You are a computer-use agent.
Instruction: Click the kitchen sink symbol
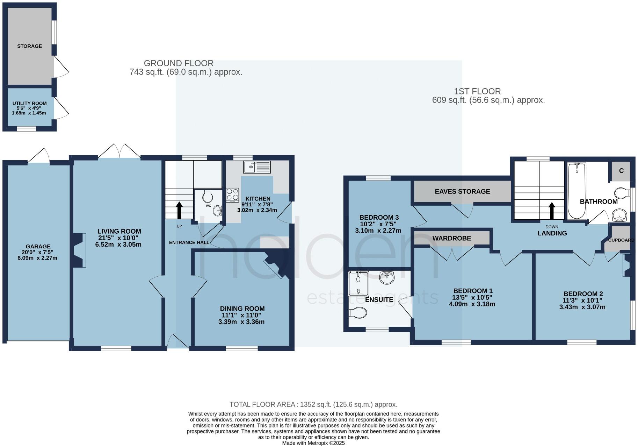[257, 167]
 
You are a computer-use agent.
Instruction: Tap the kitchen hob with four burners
[232, 195]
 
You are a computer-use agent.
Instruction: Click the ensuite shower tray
[358, 284]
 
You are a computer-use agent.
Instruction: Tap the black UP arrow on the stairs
[179, 210]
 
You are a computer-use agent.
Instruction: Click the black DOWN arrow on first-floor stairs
[552, 211]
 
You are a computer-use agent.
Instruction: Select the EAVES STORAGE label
[462, 191]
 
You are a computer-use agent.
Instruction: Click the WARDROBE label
[451, 238]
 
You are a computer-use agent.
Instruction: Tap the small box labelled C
[621, 171]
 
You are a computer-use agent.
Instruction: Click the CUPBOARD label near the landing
[621, 240]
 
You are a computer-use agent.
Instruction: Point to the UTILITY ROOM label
[29, 104]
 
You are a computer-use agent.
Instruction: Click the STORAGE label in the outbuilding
[29, 46]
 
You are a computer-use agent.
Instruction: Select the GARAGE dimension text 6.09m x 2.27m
[38, 258]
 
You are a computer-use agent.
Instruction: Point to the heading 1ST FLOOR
[477, 91]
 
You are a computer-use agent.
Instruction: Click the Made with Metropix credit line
[313, 443]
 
